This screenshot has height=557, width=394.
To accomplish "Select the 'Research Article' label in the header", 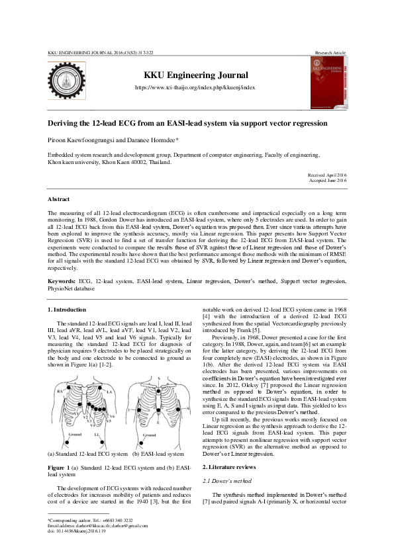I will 330,52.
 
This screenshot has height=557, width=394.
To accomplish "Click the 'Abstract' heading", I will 58,199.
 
